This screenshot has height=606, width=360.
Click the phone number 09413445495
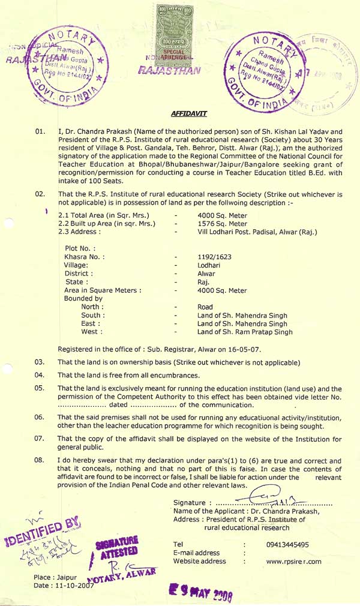287,545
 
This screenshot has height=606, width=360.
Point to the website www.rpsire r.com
293,562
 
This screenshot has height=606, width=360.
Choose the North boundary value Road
205,307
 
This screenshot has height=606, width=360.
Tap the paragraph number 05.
40,388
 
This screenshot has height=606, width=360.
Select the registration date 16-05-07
247,349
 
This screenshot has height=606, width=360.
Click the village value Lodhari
210,265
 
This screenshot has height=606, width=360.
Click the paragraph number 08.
40,460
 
